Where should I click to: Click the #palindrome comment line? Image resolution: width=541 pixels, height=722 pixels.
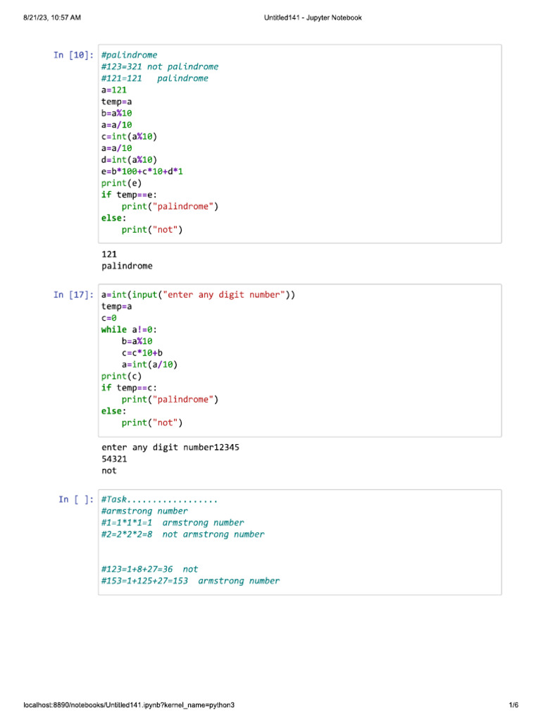(130, 55)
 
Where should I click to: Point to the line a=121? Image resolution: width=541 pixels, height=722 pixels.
(114, 90)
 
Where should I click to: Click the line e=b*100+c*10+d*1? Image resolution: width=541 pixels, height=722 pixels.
(147, 171)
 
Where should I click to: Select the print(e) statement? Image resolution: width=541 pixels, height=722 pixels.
(121, 183)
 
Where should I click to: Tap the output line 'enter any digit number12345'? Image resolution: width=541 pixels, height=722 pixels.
(175, 447)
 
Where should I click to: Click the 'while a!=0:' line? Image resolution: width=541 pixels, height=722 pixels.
(130, 329)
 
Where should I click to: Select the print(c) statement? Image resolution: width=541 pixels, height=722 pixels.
(121, 377)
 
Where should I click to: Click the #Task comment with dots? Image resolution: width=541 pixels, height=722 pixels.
(160, 500)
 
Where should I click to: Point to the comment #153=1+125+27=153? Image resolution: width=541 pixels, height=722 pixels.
(190, 581)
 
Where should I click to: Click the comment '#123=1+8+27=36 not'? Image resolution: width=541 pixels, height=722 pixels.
(150, 569)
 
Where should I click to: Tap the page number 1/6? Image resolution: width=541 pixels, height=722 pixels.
(513, 705)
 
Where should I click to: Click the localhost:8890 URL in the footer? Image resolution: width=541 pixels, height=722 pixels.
(129, 705)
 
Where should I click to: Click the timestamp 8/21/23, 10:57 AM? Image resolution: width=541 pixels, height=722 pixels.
(51, 18)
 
